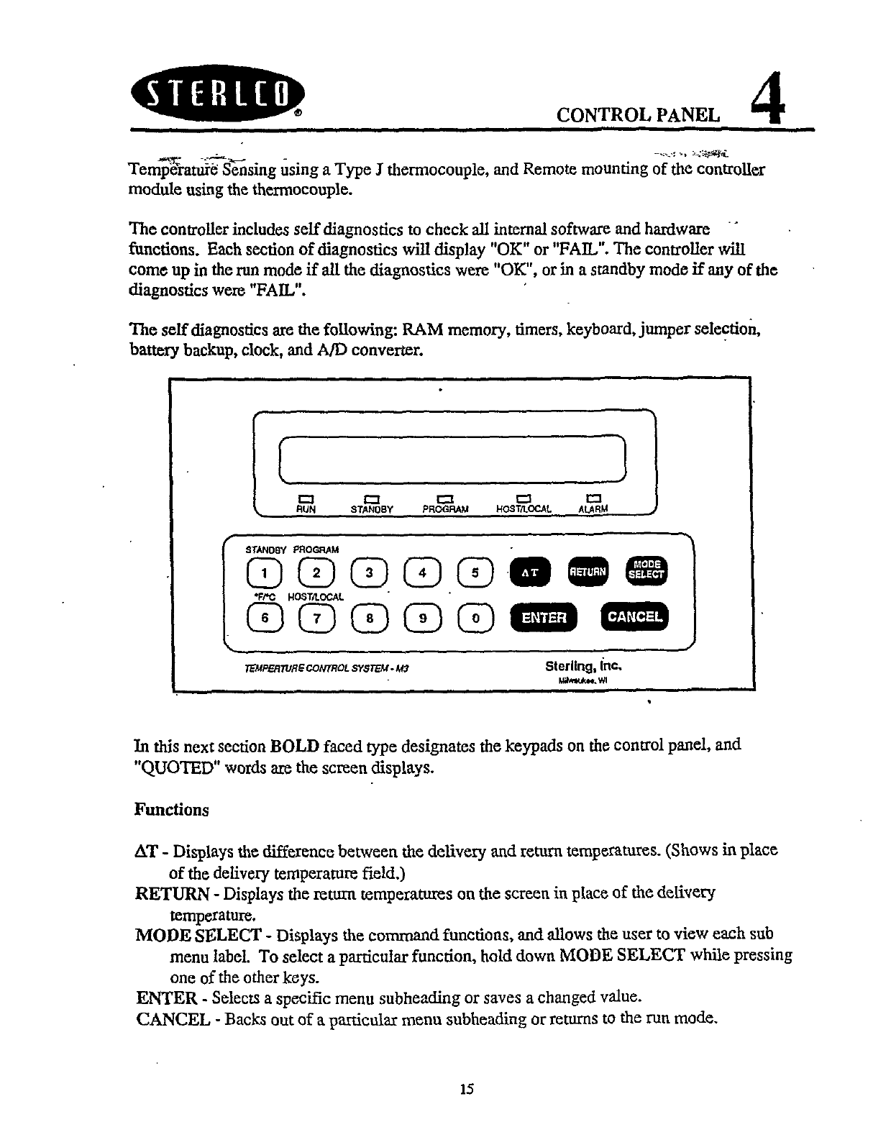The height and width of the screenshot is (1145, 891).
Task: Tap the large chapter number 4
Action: point(767,103)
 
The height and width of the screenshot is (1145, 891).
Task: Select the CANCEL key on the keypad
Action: point(634,616)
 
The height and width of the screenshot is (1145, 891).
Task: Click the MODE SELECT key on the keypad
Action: point(647,568)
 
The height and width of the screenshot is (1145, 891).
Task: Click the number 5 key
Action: point(475,572)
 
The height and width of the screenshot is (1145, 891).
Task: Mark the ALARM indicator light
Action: point(593,498)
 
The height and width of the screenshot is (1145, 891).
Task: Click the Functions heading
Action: point(171,810)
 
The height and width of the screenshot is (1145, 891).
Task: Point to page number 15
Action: point(467,1090)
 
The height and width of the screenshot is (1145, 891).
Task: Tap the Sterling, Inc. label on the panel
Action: point(583,665)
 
